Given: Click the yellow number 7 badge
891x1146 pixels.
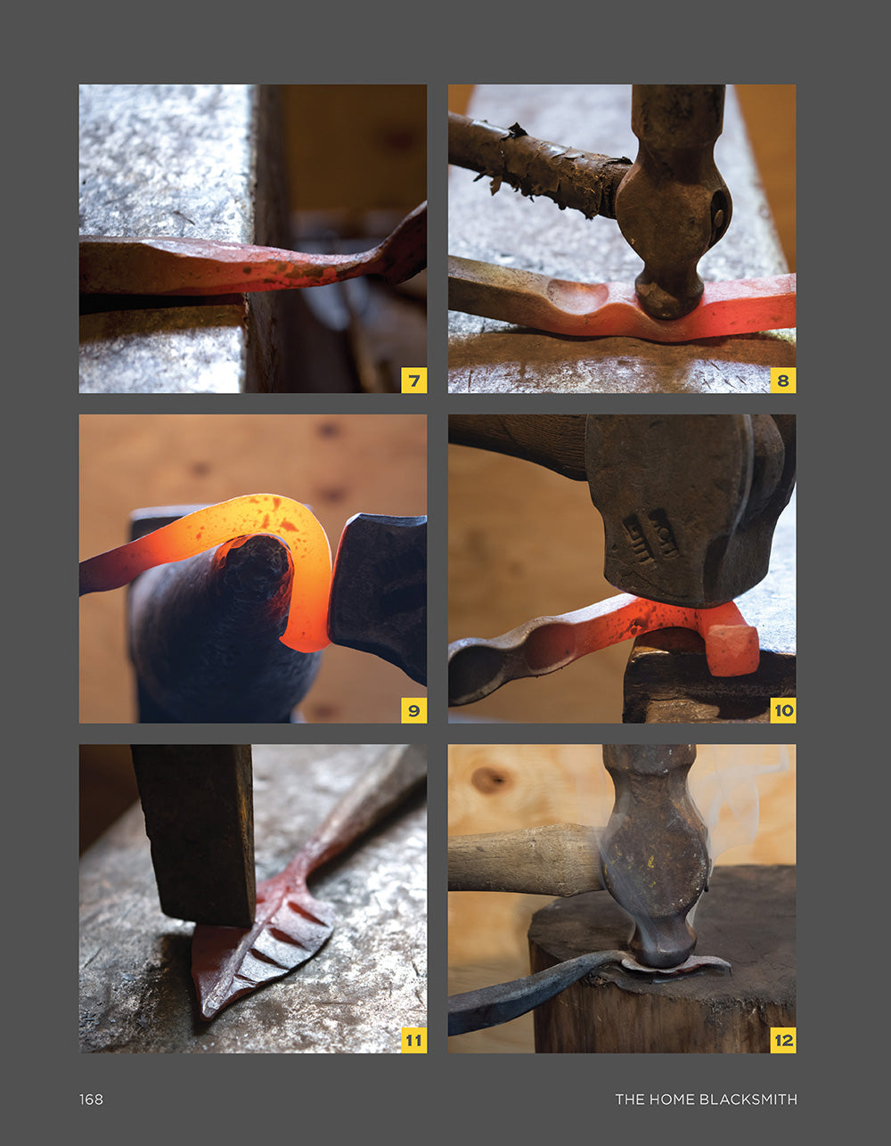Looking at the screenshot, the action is tap(413, 381).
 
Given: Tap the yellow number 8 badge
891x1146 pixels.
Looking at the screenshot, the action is tap(783, 381).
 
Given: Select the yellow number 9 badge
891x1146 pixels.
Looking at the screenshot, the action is tap(413, 710).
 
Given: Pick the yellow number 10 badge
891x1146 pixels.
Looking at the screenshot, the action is tap(783, 710).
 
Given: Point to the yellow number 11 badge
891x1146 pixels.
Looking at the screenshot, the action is tap(413, 1040).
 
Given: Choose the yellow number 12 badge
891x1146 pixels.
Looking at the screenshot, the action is tap(783, 1040).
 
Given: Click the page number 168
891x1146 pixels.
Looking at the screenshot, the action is tap(91, 1100).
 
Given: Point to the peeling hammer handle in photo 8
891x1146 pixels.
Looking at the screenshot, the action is tap(538, 163).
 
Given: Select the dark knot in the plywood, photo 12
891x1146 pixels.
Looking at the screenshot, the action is tap(490, 780).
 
